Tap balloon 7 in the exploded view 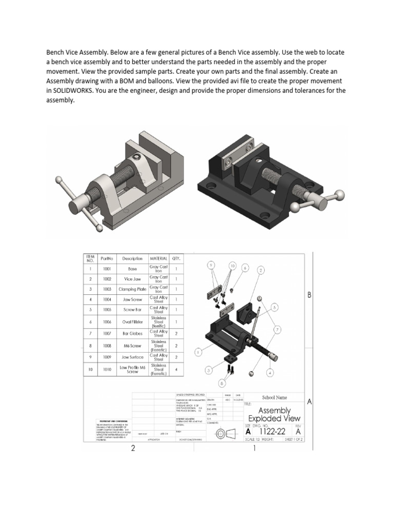[x=278, y=329]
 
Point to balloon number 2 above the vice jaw [x=261, y=270]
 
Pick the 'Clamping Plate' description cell [x=132, y=289]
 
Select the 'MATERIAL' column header [x=159, y=258]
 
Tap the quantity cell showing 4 [x=176, y=369]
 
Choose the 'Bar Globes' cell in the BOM [x=132, y=334]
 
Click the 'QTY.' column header [x=176, y=258]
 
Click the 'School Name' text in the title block [x=274, y=397]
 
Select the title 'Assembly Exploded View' [x=274, y=415]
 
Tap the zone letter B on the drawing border [x=309, y=295]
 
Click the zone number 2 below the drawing [x=133, y=449]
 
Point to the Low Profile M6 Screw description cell [x=132, y=369]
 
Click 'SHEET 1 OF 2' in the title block [x=291, y=439]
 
